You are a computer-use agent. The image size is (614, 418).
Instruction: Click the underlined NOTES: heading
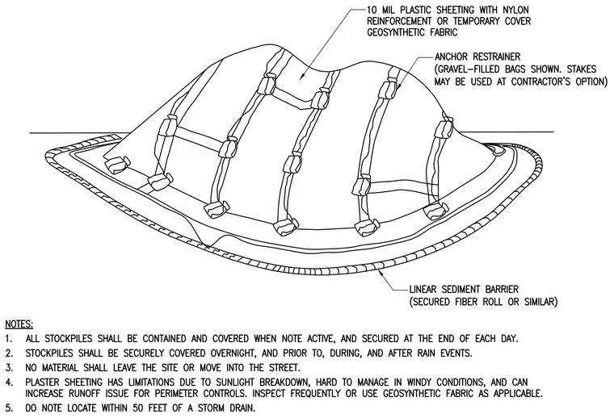point(19,324)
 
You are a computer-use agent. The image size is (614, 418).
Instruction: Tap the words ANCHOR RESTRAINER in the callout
point(477,57)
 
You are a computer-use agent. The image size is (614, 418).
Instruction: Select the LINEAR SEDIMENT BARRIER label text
point(464,290)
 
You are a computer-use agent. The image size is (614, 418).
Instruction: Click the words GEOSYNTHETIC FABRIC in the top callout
point(412,32)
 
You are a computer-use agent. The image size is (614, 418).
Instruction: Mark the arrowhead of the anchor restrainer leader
point(397,89)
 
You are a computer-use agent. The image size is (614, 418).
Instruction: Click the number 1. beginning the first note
point(9,339)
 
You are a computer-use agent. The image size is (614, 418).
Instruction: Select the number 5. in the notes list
point(9,408)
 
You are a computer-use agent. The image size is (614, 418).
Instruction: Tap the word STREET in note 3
point(284,368)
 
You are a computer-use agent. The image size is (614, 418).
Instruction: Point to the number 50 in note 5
point(139,408)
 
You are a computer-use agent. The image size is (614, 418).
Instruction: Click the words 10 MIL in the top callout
point(382,10)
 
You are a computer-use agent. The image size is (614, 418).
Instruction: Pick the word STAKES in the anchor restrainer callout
point(581,69)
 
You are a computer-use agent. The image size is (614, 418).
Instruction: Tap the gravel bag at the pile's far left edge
point(116,164)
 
